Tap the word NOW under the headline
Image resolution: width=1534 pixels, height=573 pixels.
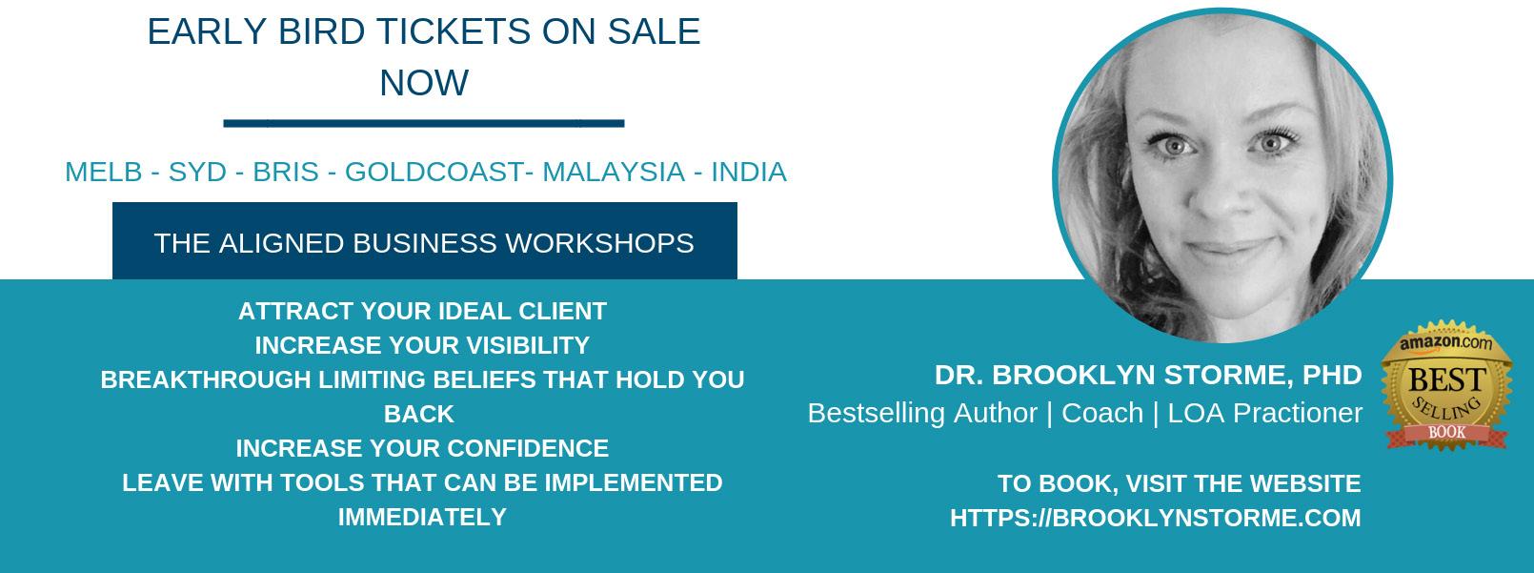[x=424, y=83]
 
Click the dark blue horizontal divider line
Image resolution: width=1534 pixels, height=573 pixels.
[x=424, y=123]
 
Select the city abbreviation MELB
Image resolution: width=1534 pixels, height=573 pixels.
[x=104, y=172]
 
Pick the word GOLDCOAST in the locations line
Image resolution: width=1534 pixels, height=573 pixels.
[x=434, y=172]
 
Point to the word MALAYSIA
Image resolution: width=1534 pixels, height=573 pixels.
[x=614, y=172]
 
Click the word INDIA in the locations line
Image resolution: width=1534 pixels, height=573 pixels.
[x=749, y=172]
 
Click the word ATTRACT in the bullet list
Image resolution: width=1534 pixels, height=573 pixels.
[x=295, y=311]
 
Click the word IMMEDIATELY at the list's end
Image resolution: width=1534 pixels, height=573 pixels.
[x=422, y=517]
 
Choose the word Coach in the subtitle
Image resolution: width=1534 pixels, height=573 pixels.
[x=1102, y=413]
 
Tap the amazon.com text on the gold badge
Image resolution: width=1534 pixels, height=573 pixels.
[x=1446, y=342]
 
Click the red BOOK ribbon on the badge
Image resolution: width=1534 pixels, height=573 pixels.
[x=1447, y=433]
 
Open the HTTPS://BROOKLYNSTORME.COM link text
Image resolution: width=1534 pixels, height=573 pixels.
[x=1156, y=518]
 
